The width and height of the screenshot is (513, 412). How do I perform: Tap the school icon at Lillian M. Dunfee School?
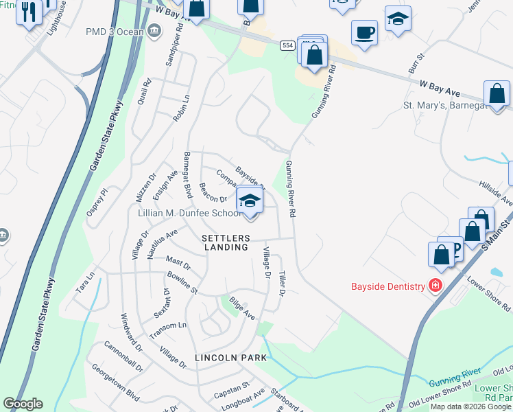(x=250, y=201)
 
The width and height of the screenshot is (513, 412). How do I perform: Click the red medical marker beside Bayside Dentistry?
(x=434, y=284)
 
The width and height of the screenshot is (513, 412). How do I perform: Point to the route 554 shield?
(x=287, y=45)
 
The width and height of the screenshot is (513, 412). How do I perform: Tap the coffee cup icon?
(x=364, y=32)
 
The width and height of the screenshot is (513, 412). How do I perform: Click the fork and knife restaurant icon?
(x=29, y=12)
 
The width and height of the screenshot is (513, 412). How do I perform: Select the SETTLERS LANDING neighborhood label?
(x=224, y=242)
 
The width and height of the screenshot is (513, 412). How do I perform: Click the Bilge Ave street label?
(x=242, y=308)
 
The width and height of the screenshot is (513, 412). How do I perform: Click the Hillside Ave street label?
(x=496, y=196)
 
